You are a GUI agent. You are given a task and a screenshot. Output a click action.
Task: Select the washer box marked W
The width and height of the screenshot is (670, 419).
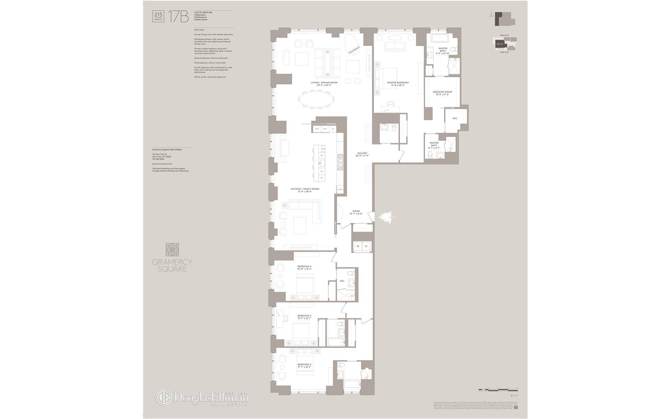(x=358, y=246)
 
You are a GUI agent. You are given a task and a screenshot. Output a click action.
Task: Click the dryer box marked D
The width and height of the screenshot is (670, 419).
(x=366, y=246)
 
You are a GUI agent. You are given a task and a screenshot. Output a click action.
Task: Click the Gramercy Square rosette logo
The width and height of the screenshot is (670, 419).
(x=172, y=250)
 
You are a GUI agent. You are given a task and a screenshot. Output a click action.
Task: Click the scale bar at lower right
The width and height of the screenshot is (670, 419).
(x=498, y=389)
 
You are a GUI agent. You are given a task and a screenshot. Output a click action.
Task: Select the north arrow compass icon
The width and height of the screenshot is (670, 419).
(x=491, y=15)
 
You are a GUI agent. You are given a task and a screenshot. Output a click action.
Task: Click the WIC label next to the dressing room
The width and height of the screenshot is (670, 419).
(x=455, y=118)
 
